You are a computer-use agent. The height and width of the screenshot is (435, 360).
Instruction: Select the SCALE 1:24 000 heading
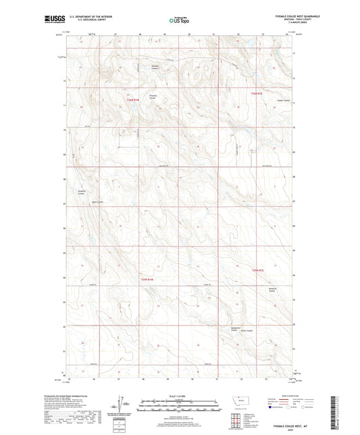pyautogui.click(x=180, y=395)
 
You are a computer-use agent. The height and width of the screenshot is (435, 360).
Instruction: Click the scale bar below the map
pyautogui.click(x=180, y=408)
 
